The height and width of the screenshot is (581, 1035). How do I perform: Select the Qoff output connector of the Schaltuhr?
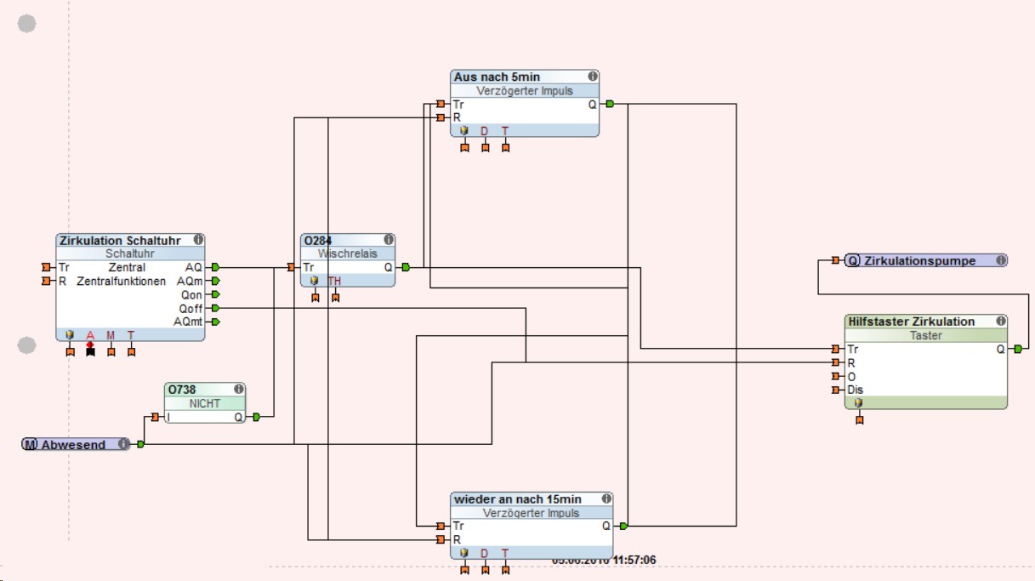point(215,308)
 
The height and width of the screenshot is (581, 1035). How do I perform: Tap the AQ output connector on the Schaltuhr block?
point(215,267)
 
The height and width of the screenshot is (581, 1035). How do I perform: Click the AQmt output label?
point(188,322)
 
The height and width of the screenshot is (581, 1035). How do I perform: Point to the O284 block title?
point(316,241)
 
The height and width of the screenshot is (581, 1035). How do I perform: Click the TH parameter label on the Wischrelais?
point(335,281)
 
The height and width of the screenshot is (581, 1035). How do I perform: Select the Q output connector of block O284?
point(406,267)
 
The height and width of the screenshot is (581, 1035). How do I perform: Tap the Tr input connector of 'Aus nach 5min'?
point(441,105)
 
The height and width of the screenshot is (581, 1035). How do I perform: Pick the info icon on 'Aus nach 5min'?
point(592,77)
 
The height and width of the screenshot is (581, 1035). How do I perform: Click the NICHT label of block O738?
point(204,403)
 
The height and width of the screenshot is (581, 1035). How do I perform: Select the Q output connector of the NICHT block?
point(256,417)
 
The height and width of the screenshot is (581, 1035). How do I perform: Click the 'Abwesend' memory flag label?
point(74,444)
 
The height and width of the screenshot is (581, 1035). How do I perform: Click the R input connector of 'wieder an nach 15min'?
point(441,539)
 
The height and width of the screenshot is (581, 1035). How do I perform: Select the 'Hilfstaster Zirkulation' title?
point(911,322)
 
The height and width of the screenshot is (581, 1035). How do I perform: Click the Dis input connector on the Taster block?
point(836,390)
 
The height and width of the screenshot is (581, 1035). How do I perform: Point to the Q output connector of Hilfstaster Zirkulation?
point(1018,349)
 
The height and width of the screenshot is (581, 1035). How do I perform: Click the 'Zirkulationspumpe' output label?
point(919,260)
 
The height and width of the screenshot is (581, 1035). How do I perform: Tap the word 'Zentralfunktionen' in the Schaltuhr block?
point(122,281)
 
